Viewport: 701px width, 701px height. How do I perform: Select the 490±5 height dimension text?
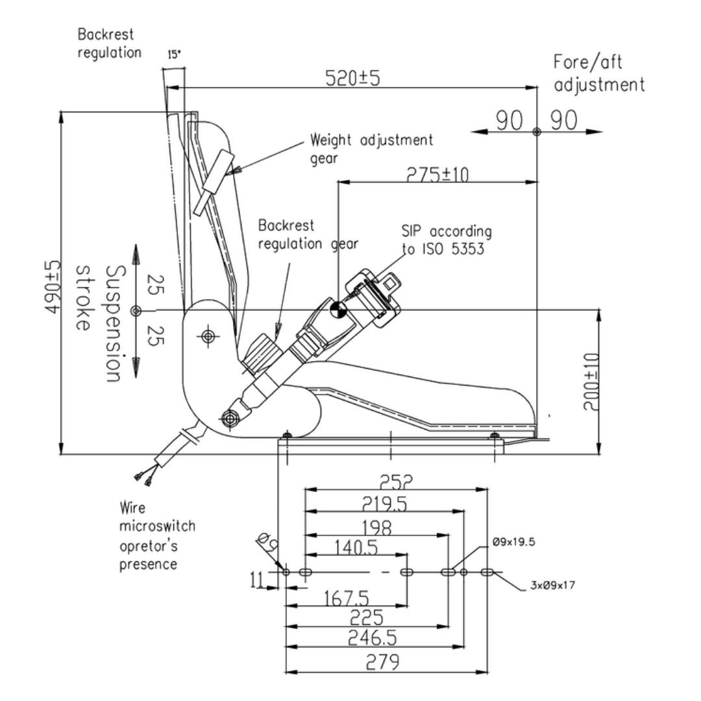(x=53, y=282)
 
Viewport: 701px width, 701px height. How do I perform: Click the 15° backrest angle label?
(x=173, y=56)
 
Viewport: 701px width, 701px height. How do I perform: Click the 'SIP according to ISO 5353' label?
(x=445, y=240)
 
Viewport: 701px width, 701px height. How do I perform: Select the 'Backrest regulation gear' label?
(x=308, y=234)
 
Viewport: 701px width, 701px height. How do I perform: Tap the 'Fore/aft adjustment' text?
(x=598, y=73)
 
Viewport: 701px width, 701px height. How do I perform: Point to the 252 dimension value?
(x=397, y=482)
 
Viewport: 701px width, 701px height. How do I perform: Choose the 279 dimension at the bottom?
(x=384, y=662)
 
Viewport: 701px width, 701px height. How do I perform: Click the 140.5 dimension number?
(x=356, y=547)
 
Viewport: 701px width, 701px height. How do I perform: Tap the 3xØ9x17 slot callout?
(x=548, y=585)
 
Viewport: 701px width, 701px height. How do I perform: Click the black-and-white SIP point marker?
(x=338, y=310)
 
